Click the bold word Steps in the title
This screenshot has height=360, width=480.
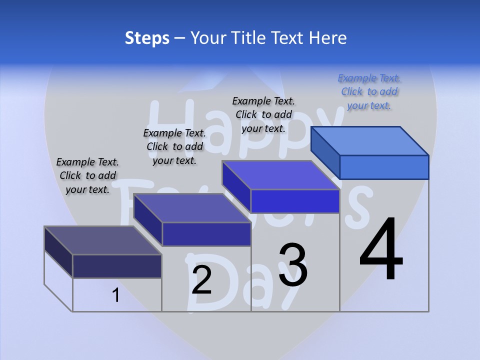pyautogui.click(x=147, y=38)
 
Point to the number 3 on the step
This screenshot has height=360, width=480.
pyautogui.click(x=292, y=264)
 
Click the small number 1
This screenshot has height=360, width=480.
pyautogui.click(x=116, y=295)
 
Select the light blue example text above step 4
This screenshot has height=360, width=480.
pyautogui.click(x=369, y=91)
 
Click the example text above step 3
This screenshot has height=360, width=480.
pyautogui.click(x=263, y=114)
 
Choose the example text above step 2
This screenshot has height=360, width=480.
pyautogui.click(x=174, y=146)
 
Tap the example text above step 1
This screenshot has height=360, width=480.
pyautogui.click(x=87, y=175)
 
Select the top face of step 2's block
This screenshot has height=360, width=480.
pyautogui.click(x=192, y=207)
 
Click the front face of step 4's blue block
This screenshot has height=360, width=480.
pyautogui.click(x=384, y=167)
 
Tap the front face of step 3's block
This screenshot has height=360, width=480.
pyautogui.click(x=295, y=201)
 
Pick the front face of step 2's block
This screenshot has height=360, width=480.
pyautogui.click(x=206, y=234)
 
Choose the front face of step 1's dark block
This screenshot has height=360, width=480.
pyautogui.click(x=117, y=266)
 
